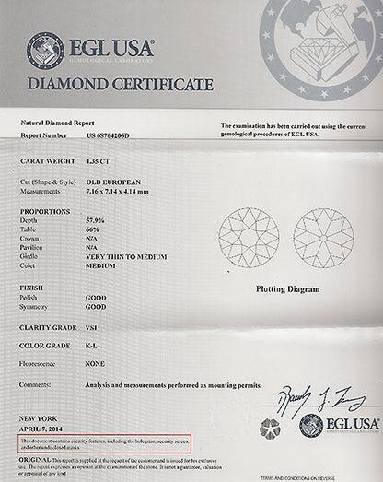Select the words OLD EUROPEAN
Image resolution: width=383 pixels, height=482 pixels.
(x=110, y=182)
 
